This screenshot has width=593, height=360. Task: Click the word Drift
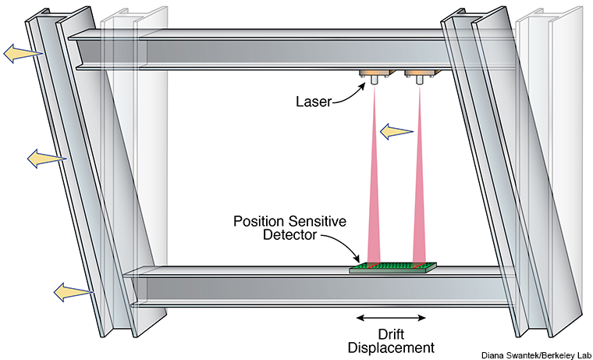tap(392, 333)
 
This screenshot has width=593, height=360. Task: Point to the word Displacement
tap(392, 347)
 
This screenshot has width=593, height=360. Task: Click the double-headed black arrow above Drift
tap(391, 317)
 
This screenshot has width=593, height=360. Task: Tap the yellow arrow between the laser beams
tap(395, 131)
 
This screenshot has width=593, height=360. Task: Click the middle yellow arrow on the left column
tap(44, 159)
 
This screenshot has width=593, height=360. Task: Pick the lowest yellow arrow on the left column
tap(71, 292)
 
